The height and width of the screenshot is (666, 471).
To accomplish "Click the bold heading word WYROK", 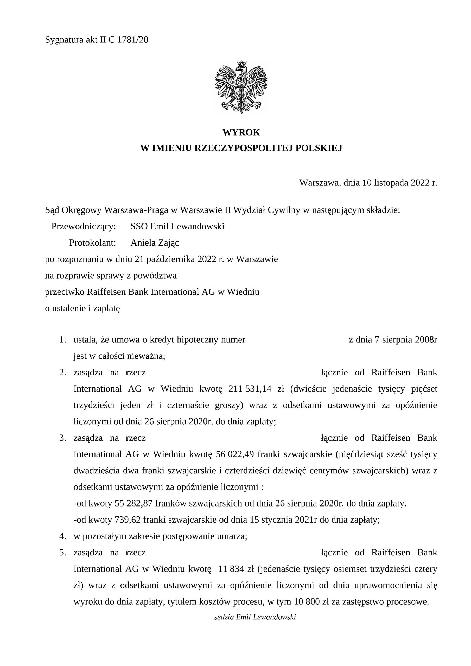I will pyautogui.click(x=241, y=133).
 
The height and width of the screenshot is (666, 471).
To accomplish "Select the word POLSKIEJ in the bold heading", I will pyautogui.click(x=319, y=148).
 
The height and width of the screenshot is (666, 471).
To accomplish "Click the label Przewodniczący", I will pyautogui.click(x=84, y=226).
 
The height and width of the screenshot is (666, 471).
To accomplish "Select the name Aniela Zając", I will pyautogui.click(x=155, y=243).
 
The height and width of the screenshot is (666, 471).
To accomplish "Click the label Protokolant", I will pyautogui.click(x=93, y=243).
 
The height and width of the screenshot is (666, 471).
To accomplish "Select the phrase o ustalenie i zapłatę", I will pyautogui.click(x=82, y=308).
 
